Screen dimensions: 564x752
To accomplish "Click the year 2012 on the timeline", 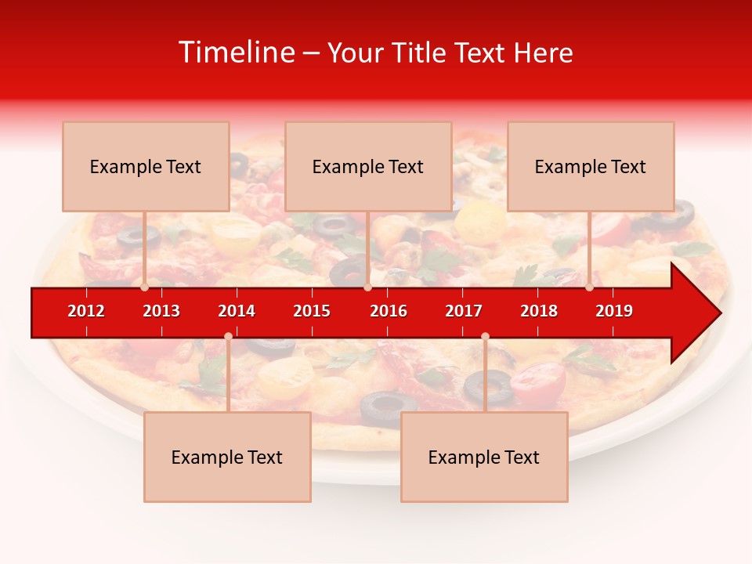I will (x=86, y=311).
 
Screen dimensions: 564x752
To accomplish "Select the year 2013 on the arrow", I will (x=161, y=311).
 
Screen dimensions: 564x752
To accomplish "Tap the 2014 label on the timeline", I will (x=237, y=311).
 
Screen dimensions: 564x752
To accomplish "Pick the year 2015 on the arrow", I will (x=312, y=311).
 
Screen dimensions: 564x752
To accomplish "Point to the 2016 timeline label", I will (x=389, y=311).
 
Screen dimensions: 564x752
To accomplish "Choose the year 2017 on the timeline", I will (x=464, y=311).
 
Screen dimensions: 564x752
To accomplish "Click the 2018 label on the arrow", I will (x=539, y=311).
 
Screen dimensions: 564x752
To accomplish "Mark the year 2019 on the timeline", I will (x=614, y=311).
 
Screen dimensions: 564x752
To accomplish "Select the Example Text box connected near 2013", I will (x=146, y=166).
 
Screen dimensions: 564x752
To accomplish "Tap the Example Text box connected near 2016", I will (x=368, y=166).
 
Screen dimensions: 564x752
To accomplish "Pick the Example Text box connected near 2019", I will (x=591, y=166).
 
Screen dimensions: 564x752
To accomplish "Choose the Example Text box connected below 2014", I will (x=227, y=457).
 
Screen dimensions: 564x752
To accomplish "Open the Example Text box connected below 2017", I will (x=484, y=457).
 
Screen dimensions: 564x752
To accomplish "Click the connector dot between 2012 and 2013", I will (x=145, y=287).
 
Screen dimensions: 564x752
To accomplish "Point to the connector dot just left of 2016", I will (x=367, y=287).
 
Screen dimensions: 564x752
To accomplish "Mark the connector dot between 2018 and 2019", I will (x=589, y=287).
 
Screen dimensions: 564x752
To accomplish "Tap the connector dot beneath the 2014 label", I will (x=228, y=337).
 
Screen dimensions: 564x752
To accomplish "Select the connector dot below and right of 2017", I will (x=485, y=337).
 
